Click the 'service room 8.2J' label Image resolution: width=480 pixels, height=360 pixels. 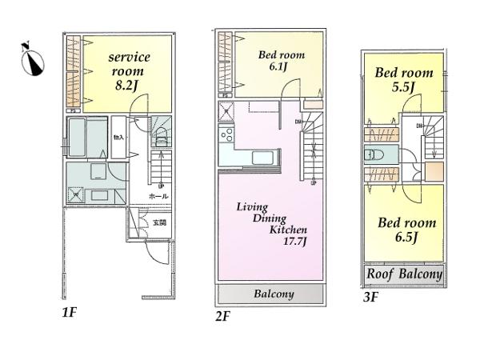click(x=129, y=70)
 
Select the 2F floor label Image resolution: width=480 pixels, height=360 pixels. click(x=222, y=315)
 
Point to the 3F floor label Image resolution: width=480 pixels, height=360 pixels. click(x=370, y=297)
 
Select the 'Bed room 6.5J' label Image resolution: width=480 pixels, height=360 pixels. click(x=406, y=230)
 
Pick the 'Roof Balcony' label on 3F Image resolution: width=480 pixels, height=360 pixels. click(x=404, y=274)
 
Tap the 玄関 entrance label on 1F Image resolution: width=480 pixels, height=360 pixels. click(x=159, y=222)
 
